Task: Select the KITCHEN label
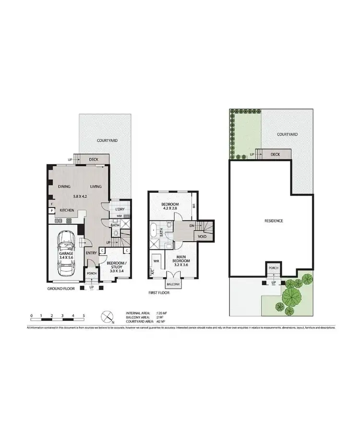click(x=67, y=210)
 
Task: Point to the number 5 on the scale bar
click(x=84, y=316)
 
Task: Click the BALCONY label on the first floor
click(x=174, y=284)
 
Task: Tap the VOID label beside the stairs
click(x=202, y=236)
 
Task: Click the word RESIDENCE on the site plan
click(x=274, y=221)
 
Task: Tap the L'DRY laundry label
click(x=120, y=209)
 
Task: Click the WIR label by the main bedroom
click(x=156, y=261)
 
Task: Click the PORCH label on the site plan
click(x=274, y=268)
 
